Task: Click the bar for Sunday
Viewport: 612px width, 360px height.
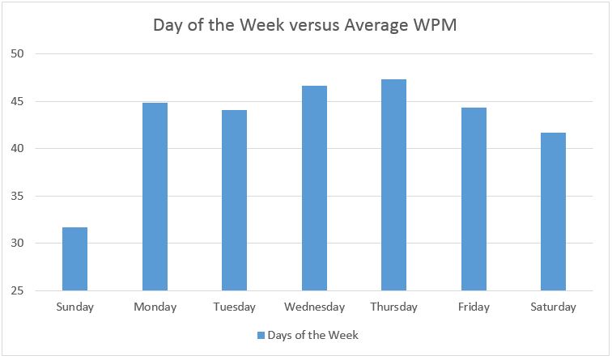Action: [74, 259]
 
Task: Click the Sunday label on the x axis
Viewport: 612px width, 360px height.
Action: [74, 307]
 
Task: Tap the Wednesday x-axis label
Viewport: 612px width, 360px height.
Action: [314, 307]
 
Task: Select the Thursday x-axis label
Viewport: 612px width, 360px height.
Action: [394, 307]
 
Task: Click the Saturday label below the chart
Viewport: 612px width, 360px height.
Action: [554, 307]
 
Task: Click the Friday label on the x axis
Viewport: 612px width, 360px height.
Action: [474, 307]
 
